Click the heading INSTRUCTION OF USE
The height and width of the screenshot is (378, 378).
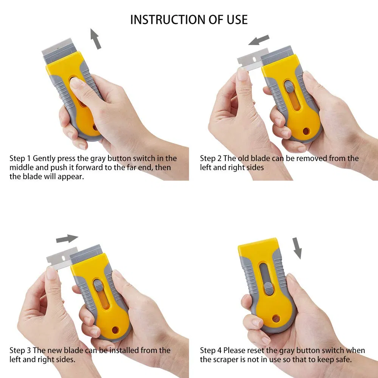(189, 20)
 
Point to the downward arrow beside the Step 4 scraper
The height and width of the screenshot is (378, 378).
(297, 248)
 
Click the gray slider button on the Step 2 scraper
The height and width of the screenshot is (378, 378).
(288, 87)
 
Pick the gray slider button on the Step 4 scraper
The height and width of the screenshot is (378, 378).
(269, 289)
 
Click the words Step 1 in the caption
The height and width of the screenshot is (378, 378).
(20, 158)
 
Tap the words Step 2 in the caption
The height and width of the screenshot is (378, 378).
(211, 158)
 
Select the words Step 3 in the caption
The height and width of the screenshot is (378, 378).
(20, 350)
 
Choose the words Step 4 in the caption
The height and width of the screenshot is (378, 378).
(211, 350)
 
